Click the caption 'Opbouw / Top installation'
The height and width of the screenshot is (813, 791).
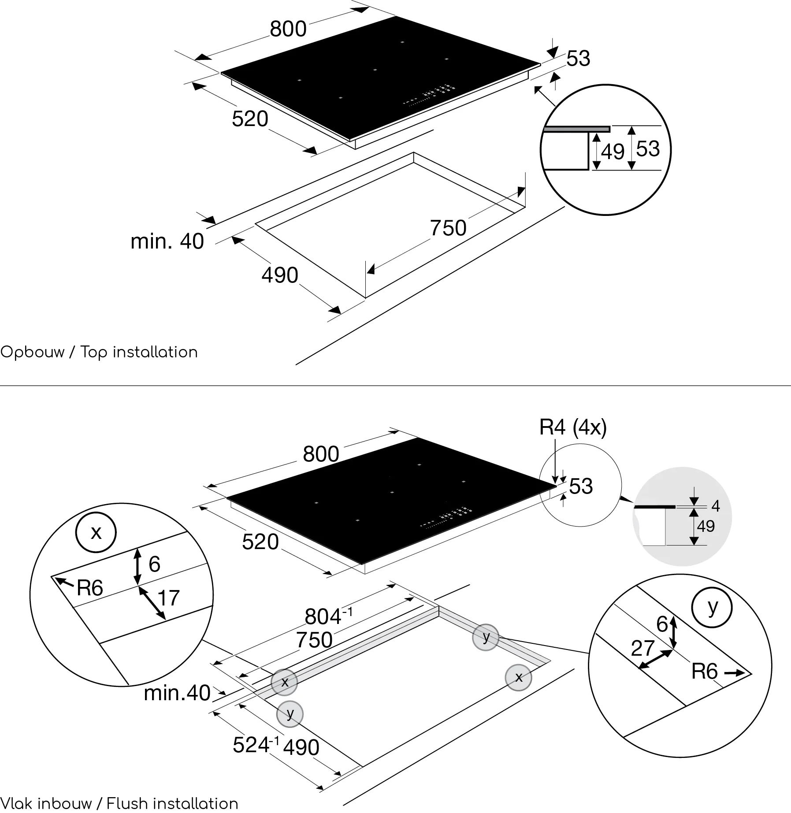coord(99,353)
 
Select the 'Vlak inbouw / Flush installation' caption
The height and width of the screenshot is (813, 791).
coord(119,804)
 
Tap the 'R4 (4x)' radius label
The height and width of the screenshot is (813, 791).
coord(573,427)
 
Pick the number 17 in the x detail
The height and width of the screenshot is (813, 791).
coord(168,598)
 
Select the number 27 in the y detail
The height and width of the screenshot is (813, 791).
coord(642,648)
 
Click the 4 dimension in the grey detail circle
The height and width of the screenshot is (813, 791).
coord(716,506)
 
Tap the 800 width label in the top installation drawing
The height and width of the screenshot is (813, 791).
coord(288,29)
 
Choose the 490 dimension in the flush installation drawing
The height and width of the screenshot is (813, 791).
coord(301,747)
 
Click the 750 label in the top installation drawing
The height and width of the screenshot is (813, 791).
coord(448,228)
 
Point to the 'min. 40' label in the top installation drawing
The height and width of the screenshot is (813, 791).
coord(167,241)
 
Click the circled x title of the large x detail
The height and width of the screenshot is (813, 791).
coord(96,532)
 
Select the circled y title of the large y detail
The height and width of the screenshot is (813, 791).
coord(712,608)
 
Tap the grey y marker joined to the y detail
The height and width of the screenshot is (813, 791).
coord(486,637)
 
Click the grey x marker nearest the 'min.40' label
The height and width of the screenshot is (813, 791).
coord(284,682)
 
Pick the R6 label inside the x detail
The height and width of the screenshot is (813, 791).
coord(90,588)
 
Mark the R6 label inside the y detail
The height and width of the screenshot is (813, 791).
coord(705,672)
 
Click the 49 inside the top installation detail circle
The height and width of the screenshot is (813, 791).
coord(613,152)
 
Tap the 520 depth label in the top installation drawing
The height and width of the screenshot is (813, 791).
coord(250,119)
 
